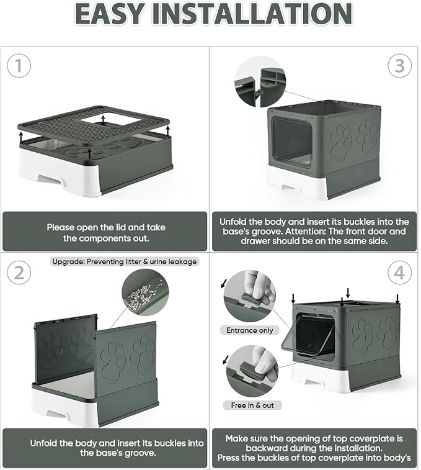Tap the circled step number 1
(19, 65)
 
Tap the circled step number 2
(19, 273)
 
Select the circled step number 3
(400, 65)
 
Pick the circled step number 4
(400, 273)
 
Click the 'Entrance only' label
(250, 330)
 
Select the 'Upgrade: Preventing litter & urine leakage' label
(125, 261)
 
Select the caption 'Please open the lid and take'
(106, 227)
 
